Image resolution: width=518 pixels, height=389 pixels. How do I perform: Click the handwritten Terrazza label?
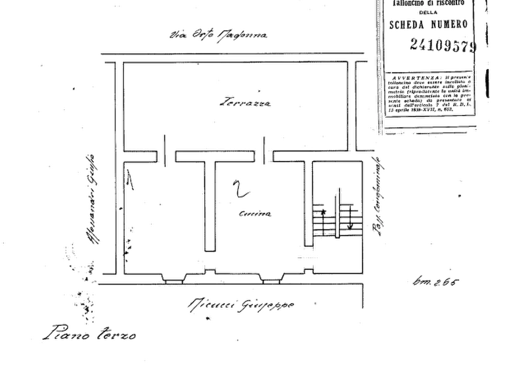click(x=238, y=103)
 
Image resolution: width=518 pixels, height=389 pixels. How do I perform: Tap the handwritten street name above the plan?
click(x=219, y=36)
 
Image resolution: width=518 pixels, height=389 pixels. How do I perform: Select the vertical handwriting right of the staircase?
click(x=376, y=197)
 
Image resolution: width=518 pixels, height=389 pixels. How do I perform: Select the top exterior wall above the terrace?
click(x=232, y=57)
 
